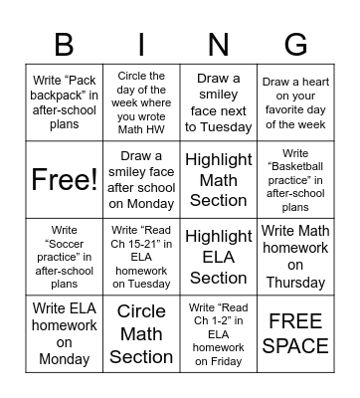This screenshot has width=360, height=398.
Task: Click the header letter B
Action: (64, 45)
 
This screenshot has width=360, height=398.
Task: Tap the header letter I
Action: (141, 45)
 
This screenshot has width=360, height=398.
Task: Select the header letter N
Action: (218, 45)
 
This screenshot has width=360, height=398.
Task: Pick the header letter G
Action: (295, 45)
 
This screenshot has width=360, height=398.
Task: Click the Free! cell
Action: (64, 180)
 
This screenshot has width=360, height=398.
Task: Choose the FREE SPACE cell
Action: (295, 334)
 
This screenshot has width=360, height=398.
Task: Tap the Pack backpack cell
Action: (64, 103)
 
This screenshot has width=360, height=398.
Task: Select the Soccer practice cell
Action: (64, 257)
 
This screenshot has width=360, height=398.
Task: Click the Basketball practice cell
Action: (295, 180)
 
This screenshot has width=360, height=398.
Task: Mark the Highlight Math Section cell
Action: (218, 180)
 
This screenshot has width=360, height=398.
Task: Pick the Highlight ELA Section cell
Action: (218, 257)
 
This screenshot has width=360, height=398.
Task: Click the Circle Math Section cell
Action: (141, 334)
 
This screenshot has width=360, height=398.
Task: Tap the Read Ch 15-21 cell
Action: (141, 257)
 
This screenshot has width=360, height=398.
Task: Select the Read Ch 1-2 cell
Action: (218, 334)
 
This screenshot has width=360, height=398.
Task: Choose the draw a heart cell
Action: (295, 103)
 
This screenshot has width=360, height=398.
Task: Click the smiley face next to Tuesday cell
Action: (218, 103)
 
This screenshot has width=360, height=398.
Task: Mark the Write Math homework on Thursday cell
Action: (295, 257)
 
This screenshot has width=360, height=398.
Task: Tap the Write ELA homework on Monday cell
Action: (64, 334)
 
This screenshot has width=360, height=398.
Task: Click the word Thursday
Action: (295, 283)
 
